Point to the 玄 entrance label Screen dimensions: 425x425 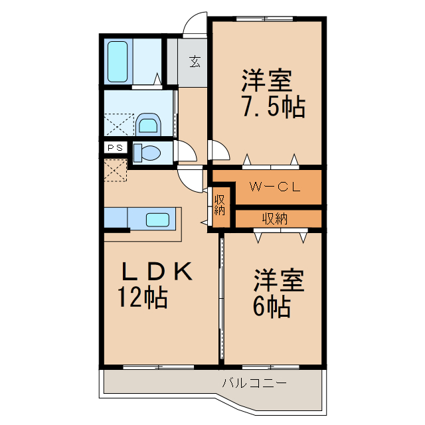tap(195, 61)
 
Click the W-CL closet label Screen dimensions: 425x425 tap(274, 187)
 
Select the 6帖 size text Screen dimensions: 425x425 tap(270, 306)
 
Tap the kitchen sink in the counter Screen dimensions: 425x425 tap(157, 219)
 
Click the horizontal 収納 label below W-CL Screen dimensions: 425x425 tap(274, 218)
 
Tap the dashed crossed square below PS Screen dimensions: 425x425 tap(115, 170)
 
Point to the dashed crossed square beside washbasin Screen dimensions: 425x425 tap(119, 124)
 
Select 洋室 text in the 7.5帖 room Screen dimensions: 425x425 tap(266, 82)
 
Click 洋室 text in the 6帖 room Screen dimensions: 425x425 tap(278, 280)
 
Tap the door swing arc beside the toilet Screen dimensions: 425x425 tap(187, 152)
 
